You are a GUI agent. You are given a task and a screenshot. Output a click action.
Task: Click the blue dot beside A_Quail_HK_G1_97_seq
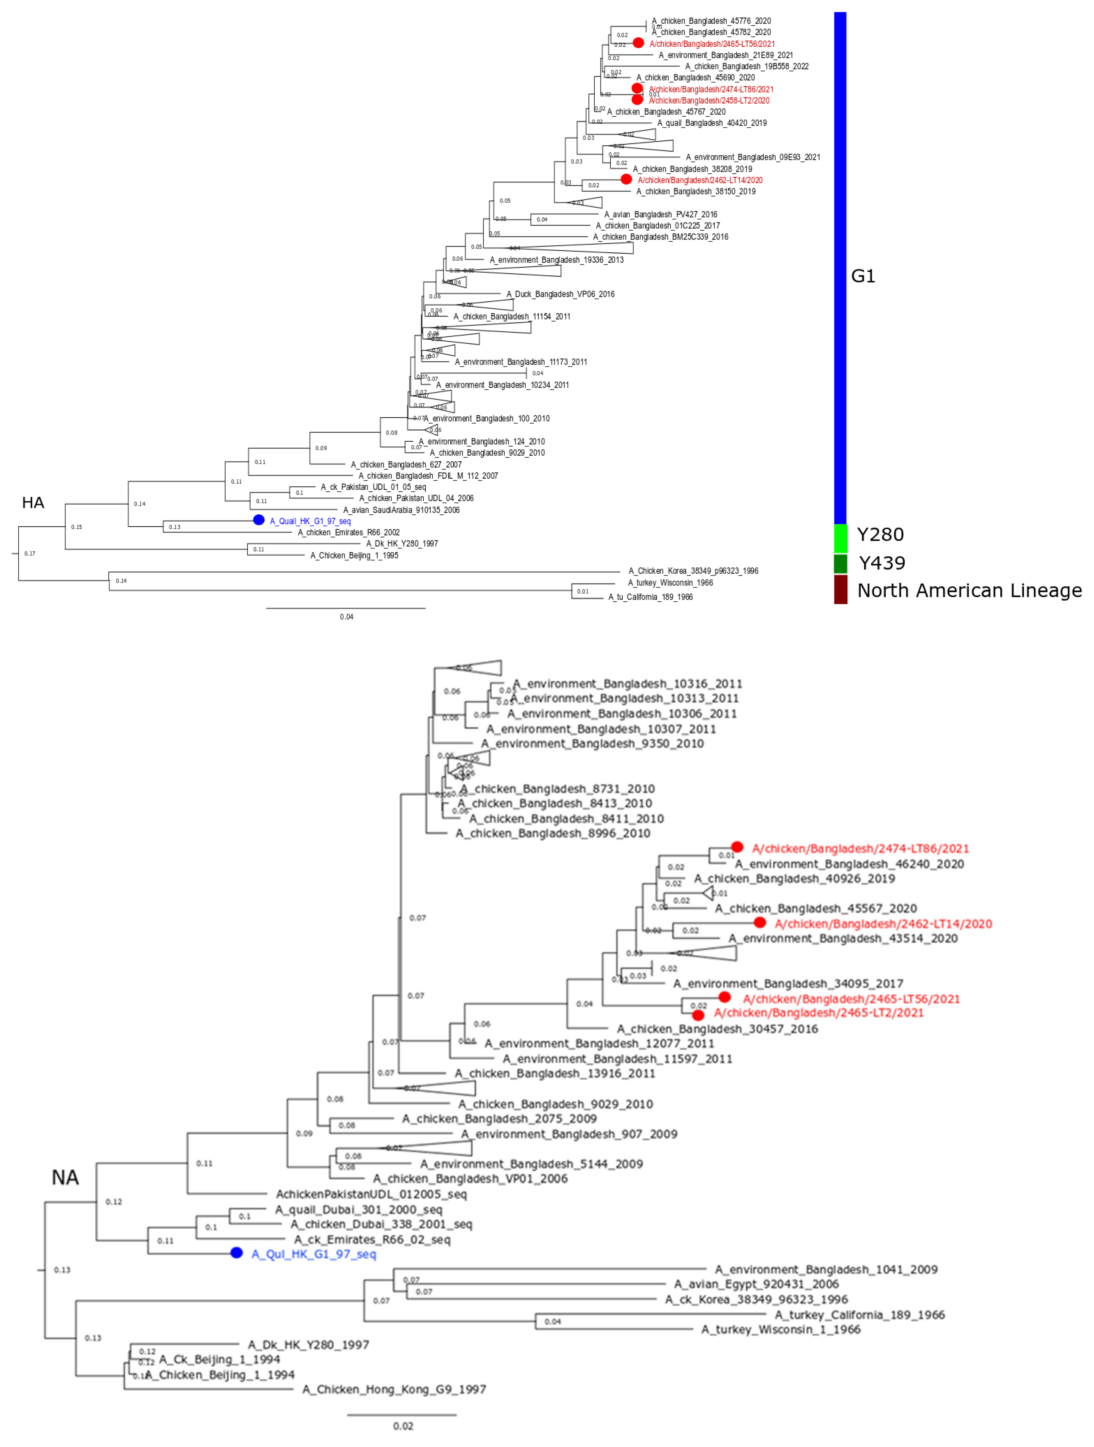[258, 520]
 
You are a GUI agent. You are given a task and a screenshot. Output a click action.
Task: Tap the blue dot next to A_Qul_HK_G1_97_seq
[236, 1253]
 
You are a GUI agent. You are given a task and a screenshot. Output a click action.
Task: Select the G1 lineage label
[862, 276]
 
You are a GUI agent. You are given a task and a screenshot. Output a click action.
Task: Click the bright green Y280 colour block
[840, 538]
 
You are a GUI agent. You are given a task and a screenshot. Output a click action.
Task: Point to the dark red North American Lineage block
[840, 589]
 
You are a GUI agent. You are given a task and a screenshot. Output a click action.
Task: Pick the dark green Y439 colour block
[840, 563]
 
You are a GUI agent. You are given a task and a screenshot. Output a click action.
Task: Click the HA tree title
[33, 502]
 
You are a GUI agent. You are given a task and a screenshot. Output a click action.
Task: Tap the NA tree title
[65, 1177]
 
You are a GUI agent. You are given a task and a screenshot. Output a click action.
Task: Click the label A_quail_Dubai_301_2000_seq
[359, 1210]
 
